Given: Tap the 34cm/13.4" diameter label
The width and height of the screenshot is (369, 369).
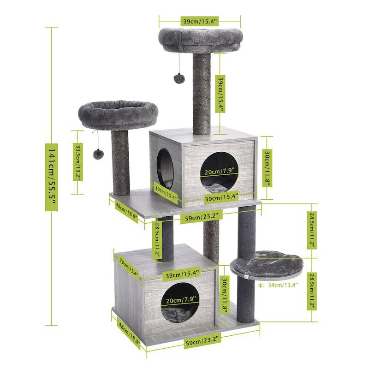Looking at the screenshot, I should click(x=279, y=285).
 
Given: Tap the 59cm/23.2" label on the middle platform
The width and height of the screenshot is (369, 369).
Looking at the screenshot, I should click(x=202, y=215).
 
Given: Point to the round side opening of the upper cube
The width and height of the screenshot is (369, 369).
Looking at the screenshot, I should click(x=164, y=166).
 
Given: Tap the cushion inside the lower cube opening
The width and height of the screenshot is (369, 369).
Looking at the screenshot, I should click(x=181, y=316).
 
